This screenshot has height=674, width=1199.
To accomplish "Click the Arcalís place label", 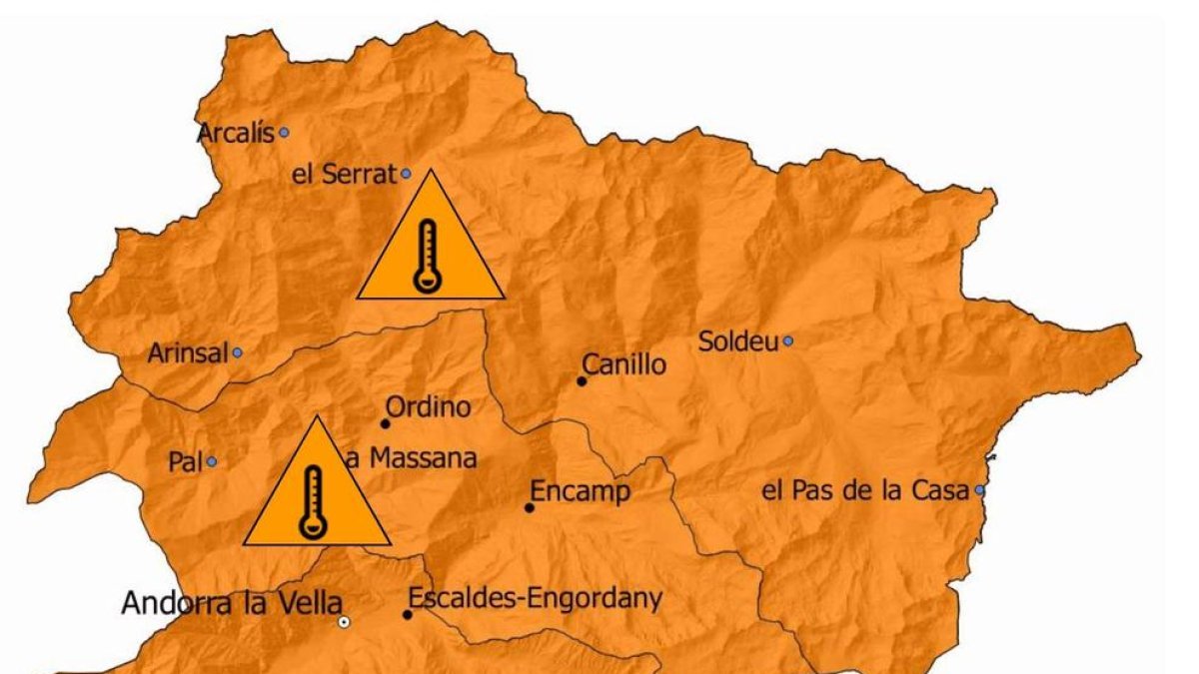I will (235, 133).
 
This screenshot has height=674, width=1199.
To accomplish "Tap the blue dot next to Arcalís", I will (284, 132).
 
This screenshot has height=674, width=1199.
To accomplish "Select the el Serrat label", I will (344, 175).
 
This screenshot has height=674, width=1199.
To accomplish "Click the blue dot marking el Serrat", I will (407, 174).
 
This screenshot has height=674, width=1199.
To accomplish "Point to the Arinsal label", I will (188, 353).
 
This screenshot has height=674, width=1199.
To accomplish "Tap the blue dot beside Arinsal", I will (237, 352).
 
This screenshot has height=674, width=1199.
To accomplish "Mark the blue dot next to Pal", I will (212, 462).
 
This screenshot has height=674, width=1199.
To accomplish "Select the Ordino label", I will (428, 407).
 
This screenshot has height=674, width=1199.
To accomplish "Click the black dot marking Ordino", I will (386, 423).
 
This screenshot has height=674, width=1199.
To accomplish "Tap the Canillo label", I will (623, 365).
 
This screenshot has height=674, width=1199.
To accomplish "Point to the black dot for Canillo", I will (582, 380).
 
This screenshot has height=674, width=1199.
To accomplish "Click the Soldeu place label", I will (737, 341).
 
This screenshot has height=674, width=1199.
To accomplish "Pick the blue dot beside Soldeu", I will (787, 341).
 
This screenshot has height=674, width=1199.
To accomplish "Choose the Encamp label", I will (580, 492).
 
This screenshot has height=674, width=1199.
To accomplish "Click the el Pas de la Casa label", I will (865, 490).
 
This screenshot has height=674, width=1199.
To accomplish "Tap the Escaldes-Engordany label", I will (535, 599).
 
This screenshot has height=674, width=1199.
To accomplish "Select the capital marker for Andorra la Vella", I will (344, 622).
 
